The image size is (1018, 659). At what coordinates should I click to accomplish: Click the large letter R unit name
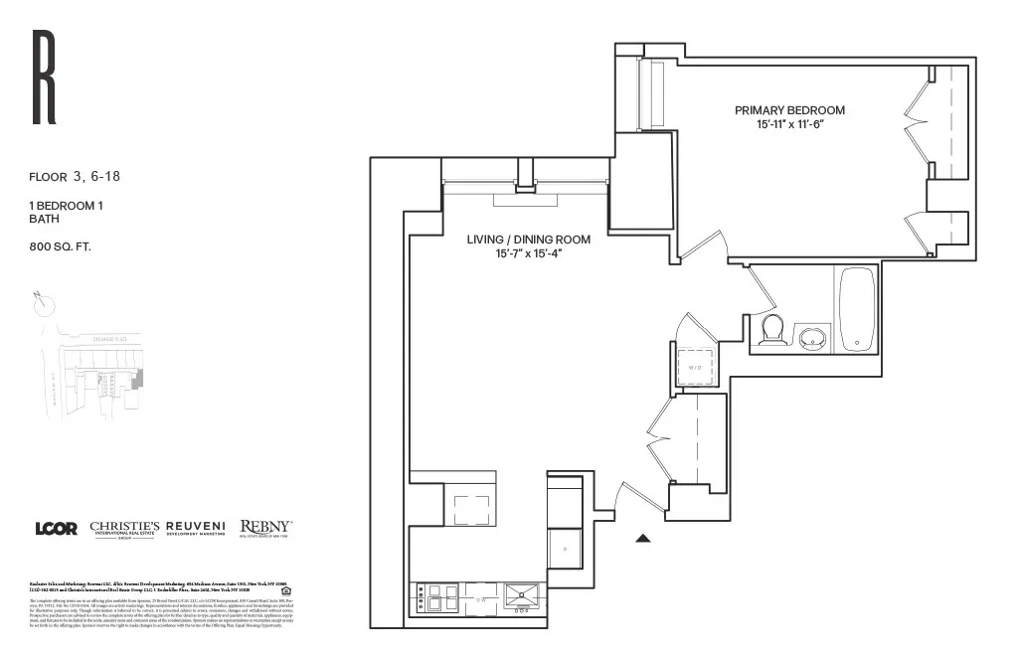tap(44, 79)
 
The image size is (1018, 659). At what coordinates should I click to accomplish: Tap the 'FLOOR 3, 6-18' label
tap(75, 178)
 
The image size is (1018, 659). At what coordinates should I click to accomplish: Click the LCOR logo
tap(56, 529)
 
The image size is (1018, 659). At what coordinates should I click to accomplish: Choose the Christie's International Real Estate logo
tap(124, 529)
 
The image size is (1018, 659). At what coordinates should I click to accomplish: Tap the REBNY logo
tap(265, 529)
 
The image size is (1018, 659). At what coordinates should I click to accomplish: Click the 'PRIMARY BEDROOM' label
tap(789, 110)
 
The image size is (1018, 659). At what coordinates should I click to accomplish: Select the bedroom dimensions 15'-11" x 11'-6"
tap(789, 124)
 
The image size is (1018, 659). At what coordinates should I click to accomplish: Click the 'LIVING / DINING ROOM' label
tap(529, 240)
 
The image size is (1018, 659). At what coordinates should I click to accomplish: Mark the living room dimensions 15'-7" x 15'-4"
tap(529, 253)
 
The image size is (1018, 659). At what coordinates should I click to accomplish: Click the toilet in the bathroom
tap(772, 330)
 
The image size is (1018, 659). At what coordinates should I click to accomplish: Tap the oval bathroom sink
tap(815, 338)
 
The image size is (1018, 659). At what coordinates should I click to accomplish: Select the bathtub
tap(857, 308)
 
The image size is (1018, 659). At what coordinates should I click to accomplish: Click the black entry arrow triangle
tap(643, 539)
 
